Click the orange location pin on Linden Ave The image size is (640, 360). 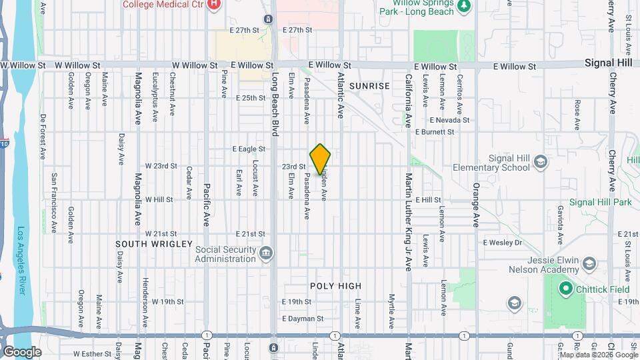click(x=321, y=159)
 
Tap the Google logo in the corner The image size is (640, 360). click(x=21, y=351)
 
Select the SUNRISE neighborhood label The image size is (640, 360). click(x=369, y=86)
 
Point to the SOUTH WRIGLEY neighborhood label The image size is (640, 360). click(x=155, y=244)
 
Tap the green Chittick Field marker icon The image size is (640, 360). click(x=566, y=289)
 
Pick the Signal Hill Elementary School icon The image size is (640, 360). click(x=541, y=161)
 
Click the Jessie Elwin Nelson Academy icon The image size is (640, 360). click(x=589, y=265)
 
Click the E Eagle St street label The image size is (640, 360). click(x=249, y=149)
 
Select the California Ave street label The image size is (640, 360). click(x=408, y=100)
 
